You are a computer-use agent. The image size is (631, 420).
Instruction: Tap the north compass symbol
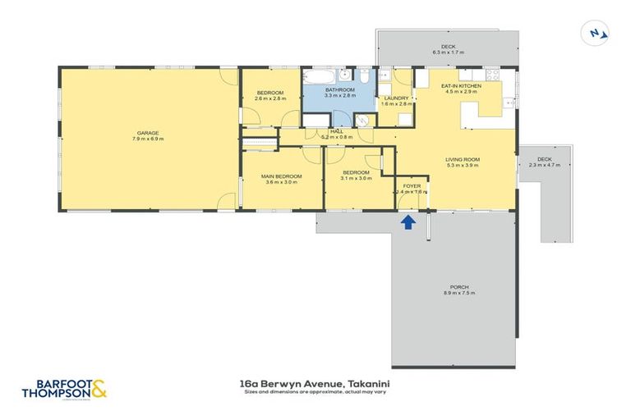596,34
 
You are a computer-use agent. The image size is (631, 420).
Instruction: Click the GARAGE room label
148,133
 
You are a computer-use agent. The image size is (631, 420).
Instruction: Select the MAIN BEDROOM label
281,176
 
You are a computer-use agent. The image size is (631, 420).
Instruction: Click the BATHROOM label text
339,89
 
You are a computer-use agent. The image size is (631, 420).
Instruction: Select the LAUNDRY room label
396,98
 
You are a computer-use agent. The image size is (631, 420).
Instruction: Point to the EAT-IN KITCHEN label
459,86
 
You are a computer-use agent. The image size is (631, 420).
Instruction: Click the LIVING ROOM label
463,159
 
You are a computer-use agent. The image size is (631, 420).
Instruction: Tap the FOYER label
412,186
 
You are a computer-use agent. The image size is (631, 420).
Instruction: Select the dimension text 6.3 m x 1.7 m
448,52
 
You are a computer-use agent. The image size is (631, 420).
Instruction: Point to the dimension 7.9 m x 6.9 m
148,139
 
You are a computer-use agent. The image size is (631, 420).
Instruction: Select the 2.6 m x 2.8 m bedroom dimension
269,98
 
